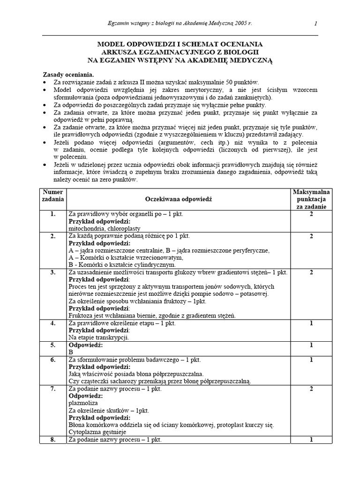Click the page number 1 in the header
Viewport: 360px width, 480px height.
[x=315, y=23]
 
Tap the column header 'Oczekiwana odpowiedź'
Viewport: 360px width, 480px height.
[x=179, y=199]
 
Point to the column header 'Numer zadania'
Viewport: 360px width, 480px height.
[x=52, y=195]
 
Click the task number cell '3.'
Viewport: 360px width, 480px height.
[x=52, y=272]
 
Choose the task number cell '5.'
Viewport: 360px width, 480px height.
[x=52, y=345]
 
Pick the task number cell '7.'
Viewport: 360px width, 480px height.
[x=52, y=389]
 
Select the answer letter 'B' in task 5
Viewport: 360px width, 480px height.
[x=71, y=352]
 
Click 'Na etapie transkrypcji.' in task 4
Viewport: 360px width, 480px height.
[x=99, y=337]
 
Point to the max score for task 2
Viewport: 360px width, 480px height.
[x=311, y=236]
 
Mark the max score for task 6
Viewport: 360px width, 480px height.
[x=311, y=360]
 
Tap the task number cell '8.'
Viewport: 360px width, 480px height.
[x=52, y=440]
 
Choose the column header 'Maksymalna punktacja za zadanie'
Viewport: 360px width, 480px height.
[x=311, y=199]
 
